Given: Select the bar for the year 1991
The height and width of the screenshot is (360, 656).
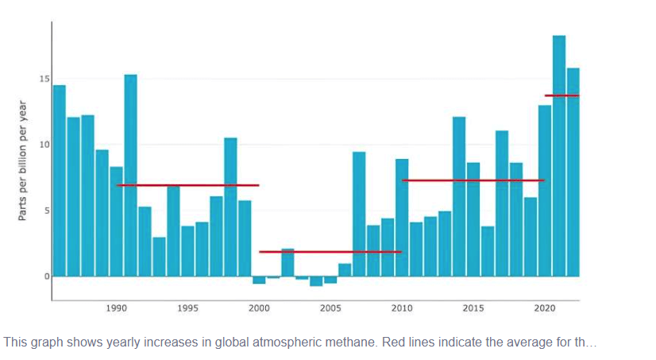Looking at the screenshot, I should [x=130, y=175].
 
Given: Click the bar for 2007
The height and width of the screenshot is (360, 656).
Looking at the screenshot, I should [x=359, y=214].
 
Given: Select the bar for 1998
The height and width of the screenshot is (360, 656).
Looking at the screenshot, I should [x=230, y=207].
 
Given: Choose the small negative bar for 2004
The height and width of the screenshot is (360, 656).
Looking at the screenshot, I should [x=316, y=281].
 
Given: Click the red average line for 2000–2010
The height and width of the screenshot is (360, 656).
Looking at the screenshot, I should [x=330, y=252].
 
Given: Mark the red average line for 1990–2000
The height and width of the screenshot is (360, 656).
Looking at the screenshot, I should [x=187, y=185].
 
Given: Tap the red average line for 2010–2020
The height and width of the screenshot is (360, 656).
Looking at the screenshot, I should [x=473, y=180].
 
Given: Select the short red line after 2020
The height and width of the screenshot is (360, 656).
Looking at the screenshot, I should [x=561, y=95].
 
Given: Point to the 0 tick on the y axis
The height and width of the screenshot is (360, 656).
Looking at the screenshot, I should [x=46, y=277].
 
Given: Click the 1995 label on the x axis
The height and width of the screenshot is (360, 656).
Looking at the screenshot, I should [x=187, y=308].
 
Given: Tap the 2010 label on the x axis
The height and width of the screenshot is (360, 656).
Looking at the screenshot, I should [x=402, y=308].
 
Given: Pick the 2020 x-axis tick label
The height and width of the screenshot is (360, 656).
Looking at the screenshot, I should [x=545, y=308].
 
